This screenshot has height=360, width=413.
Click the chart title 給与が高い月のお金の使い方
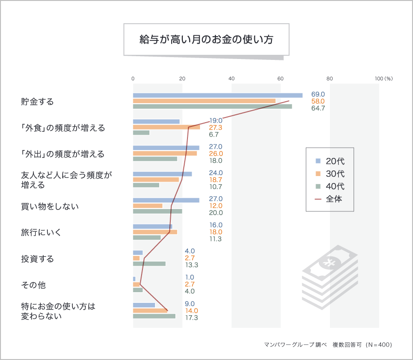coord(206,39)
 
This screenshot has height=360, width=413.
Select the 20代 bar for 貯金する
coord(217,95)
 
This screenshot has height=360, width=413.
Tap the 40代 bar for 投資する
coord(149,264)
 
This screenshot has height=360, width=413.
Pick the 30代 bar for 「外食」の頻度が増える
coord(166,127)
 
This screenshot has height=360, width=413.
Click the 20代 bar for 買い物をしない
coord(166,200)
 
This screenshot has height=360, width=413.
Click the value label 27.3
coord(216,127)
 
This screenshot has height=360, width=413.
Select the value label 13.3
coord(192,265)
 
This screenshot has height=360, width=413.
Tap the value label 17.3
coord(192,318)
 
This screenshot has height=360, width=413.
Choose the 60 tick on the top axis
coord(280,79)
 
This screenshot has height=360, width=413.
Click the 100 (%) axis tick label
coord(384,79)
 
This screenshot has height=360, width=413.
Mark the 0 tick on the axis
coord(133,79)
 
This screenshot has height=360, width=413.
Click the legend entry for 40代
coord(335,186)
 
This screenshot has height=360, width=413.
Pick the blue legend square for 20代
coord(318,161)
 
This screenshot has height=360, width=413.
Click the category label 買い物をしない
coord(50,206)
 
